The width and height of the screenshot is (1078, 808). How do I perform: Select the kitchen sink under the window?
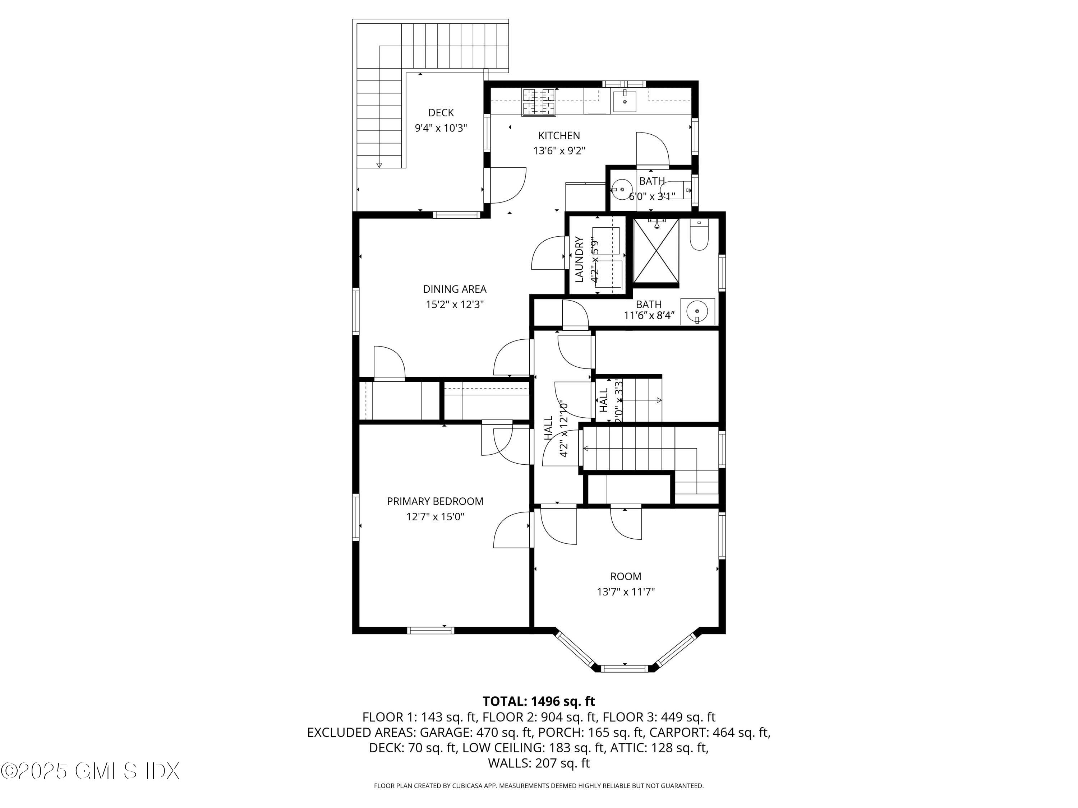click(624, 102)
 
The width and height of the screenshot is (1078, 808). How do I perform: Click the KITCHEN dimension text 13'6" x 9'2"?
click(559, 151)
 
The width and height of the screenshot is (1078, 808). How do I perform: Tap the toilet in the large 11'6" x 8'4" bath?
click(699, 236)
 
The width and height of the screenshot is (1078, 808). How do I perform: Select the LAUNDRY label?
click(580, 260)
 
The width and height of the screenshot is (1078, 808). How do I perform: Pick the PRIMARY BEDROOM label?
click(435, 502)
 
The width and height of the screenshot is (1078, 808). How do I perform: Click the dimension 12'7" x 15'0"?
click(435, 517)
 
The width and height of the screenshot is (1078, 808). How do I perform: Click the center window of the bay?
click(625, 669)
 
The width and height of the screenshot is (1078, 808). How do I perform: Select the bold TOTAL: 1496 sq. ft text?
click(539, 701)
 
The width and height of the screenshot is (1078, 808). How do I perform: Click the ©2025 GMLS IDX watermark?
click(90, 771)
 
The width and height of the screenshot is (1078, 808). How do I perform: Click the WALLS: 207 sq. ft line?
click(539, 763)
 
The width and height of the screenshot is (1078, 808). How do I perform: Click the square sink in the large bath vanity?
click(698, 311)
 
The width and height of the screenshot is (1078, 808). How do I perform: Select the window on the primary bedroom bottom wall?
click(430, 631)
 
